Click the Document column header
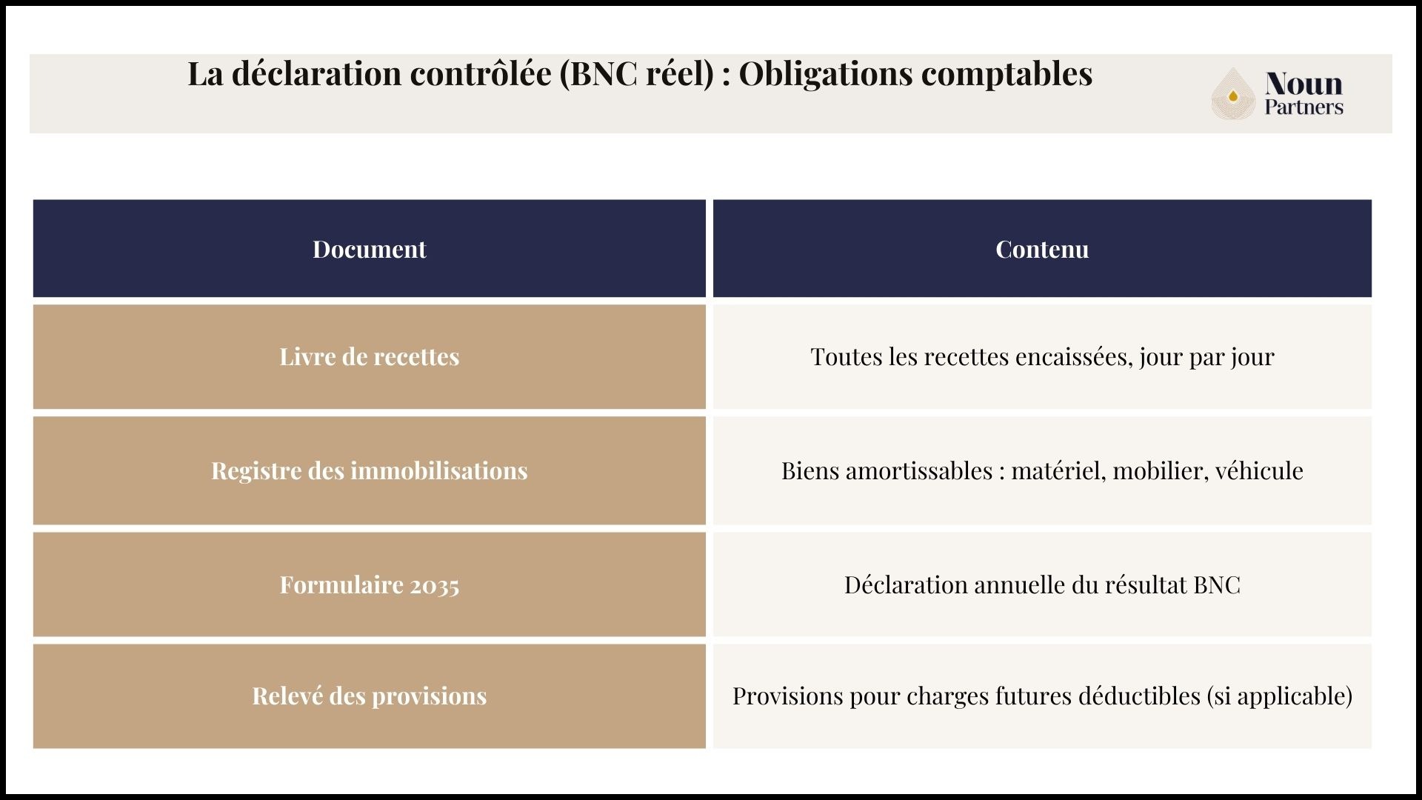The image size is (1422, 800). point(369,249)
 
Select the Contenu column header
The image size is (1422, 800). point(1041,249)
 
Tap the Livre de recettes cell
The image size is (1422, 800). point(369,356)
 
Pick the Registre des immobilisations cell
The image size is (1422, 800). point(369,470)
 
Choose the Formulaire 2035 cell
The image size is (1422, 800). point(369,584)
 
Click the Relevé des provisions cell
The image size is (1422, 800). point(369,696)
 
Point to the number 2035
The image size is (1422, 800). point(435,586)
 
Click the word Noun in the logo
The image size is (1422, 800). point(1303,84)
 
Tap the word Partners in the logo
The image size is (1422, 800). point(1303,107)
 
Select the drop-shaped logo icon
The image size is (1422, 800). point(1232,94)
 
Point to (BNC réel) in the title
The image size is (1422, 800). point(636,73)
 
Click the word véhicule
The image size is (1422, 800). point(1259,470)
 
